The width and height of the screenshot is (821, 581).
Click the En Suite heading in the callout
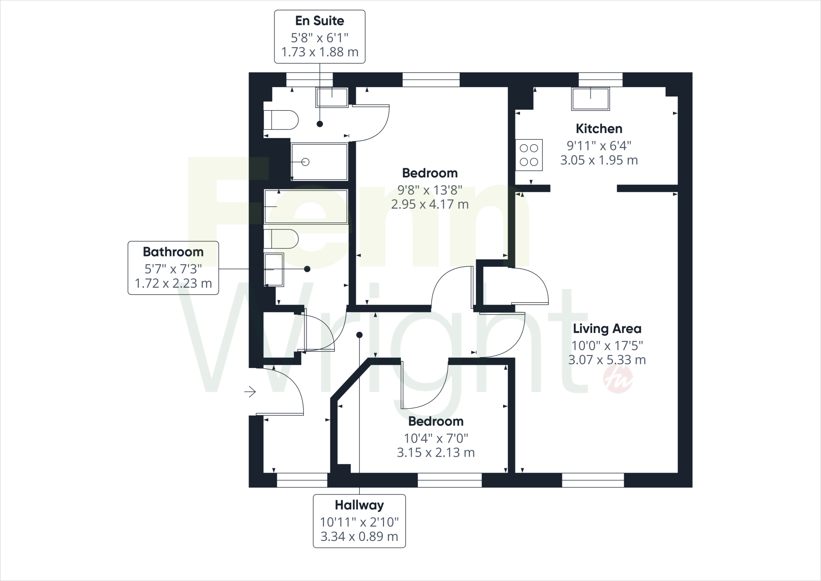(x=320, y=21)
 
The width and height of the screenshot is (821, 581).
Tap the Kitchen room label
(x=599, y=129)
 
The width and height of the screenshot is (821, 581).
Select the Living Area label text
(x=607, y=329)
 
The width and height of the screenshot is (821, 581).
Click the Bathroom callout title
(x=173, y=252)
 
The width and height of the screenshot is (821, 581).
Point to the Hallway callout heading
(x=359, y=505)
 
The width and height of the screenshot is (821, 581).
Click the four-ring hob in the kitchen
(x=529, y=155)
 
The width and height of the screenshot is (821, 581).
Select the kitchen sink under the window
(x=590, y=99)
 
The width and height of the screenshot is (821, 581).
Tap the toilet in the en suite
(x=281, y=120)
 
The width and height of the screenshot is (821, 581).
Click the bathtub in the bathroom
(x=305, y=206)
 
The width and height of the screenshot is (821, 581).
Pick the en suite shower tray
(x=319, y=162)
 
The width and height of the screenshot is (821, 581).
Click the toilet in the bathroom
(x=281, y=239)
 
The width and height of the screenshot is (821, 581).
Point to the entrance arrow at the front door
(x=250, y=391)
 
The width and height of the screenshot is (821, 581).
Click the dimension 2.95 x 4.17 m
(x=430, y=205)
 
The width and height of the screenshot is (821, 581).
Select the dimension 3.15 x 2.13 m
(x=436, y=453)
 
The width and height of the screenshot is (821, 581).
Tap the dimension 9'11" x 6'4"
(x=599, y=145)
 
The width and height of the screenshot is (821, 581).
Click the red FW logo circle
(x=618, y=380)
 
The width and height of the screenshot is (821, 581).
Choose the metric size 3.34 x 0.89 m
(x=359, y=536)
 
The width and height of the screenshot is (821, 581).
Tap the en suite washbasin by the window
(x=332, y=97)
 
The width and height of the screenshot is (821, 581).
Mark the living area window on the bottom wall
(x=593, y=480)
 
